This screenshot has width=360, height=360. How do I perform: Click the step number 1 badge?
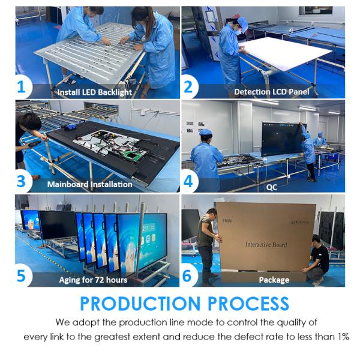tap(22, 88)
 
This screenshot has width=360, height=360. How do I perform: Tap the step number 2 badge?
tap(188, 88)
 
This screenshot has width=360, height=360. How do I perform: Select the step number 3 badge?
tap(22, 181)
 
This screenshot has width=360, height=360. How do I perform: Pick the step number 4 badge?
tap(188, 181)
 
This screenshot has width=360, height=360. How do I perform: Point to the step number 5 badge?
tap(22, 275)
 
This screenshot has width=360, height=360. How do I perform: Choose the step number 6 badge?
tap(188, 275)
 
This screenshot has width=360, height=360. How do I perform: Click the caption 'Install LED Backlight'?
tap(94, 92)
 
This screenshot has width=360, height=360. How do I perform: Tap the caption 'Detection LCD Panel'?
tap(271, 92)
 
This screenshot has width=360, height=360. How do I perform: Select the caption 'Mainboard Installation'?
tap(89, 184)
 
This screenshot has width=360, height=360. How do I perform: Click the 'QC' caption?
tap(272, 187)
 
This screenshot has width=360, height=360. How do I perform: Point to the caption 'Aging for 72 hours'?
tap(93, 280)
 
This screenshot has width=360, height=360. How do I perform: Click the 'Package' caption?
tap(274, 280)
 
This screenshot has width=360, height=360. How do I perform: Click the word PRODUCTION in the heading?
tap(148, 303)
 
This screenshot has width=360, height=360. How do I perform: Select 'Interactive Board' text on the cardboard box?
tap(266, 245)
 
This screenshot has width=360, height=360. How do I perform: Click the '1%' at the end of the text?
tap(343, 337)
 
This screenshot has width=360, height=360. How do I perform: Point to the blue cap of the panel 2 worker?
tap(242, 23)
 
